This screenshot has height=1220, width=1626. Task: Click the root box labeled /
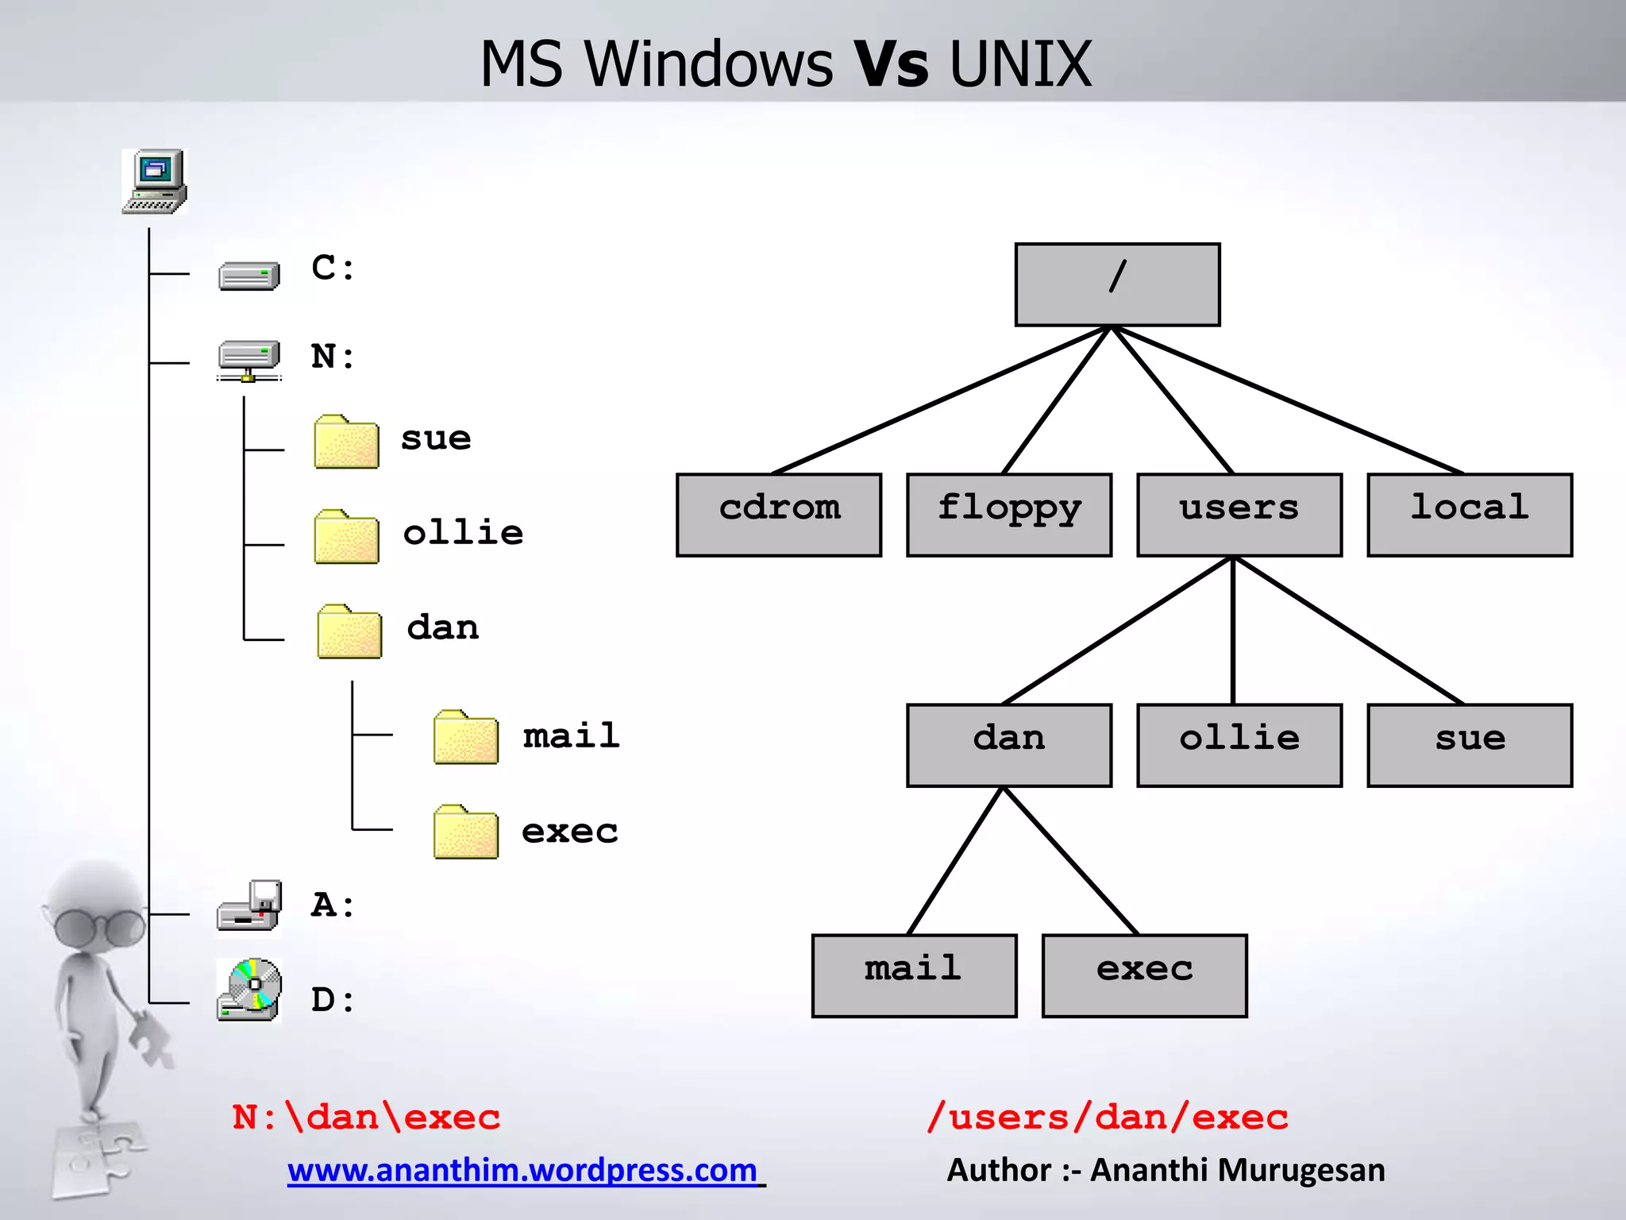1117,284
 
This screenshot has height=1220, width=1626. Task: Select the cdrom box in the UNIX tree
779,515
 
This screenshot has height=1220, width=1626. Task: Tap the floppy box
1009,515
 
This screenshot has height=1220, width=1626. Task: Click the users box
1239,515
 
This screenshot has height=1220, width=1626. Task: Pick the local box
1470,515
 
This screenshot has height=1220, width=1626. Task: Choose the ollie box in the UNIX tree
1239,745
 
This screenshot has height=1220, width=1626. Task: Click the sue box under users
1470,745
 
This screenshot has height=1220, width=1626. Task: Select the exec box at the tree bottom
1144,975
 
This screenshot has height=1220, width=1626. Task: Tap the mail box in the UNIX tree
914,975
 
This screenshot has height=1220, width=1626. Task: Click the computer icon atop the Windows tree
155,181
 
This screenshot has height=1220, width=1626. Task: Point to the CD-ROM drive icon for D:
249,990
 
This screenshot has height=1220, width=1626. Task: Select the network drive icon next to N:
249,360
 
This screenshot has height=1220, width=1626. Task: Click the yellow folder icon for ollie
346,537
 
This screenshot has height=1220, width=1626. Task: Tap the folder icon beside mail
466,737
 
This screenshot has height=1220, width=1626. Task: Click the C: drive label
333,268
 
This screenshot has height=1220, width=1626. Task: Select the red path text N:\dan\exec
366,1118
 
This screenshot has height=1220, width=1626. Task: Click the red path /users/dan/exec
1108,1118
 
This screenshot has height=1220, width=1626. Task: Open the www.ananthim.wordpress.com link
523,1170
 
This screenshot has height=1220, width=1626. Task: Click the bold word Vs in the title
890,64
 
